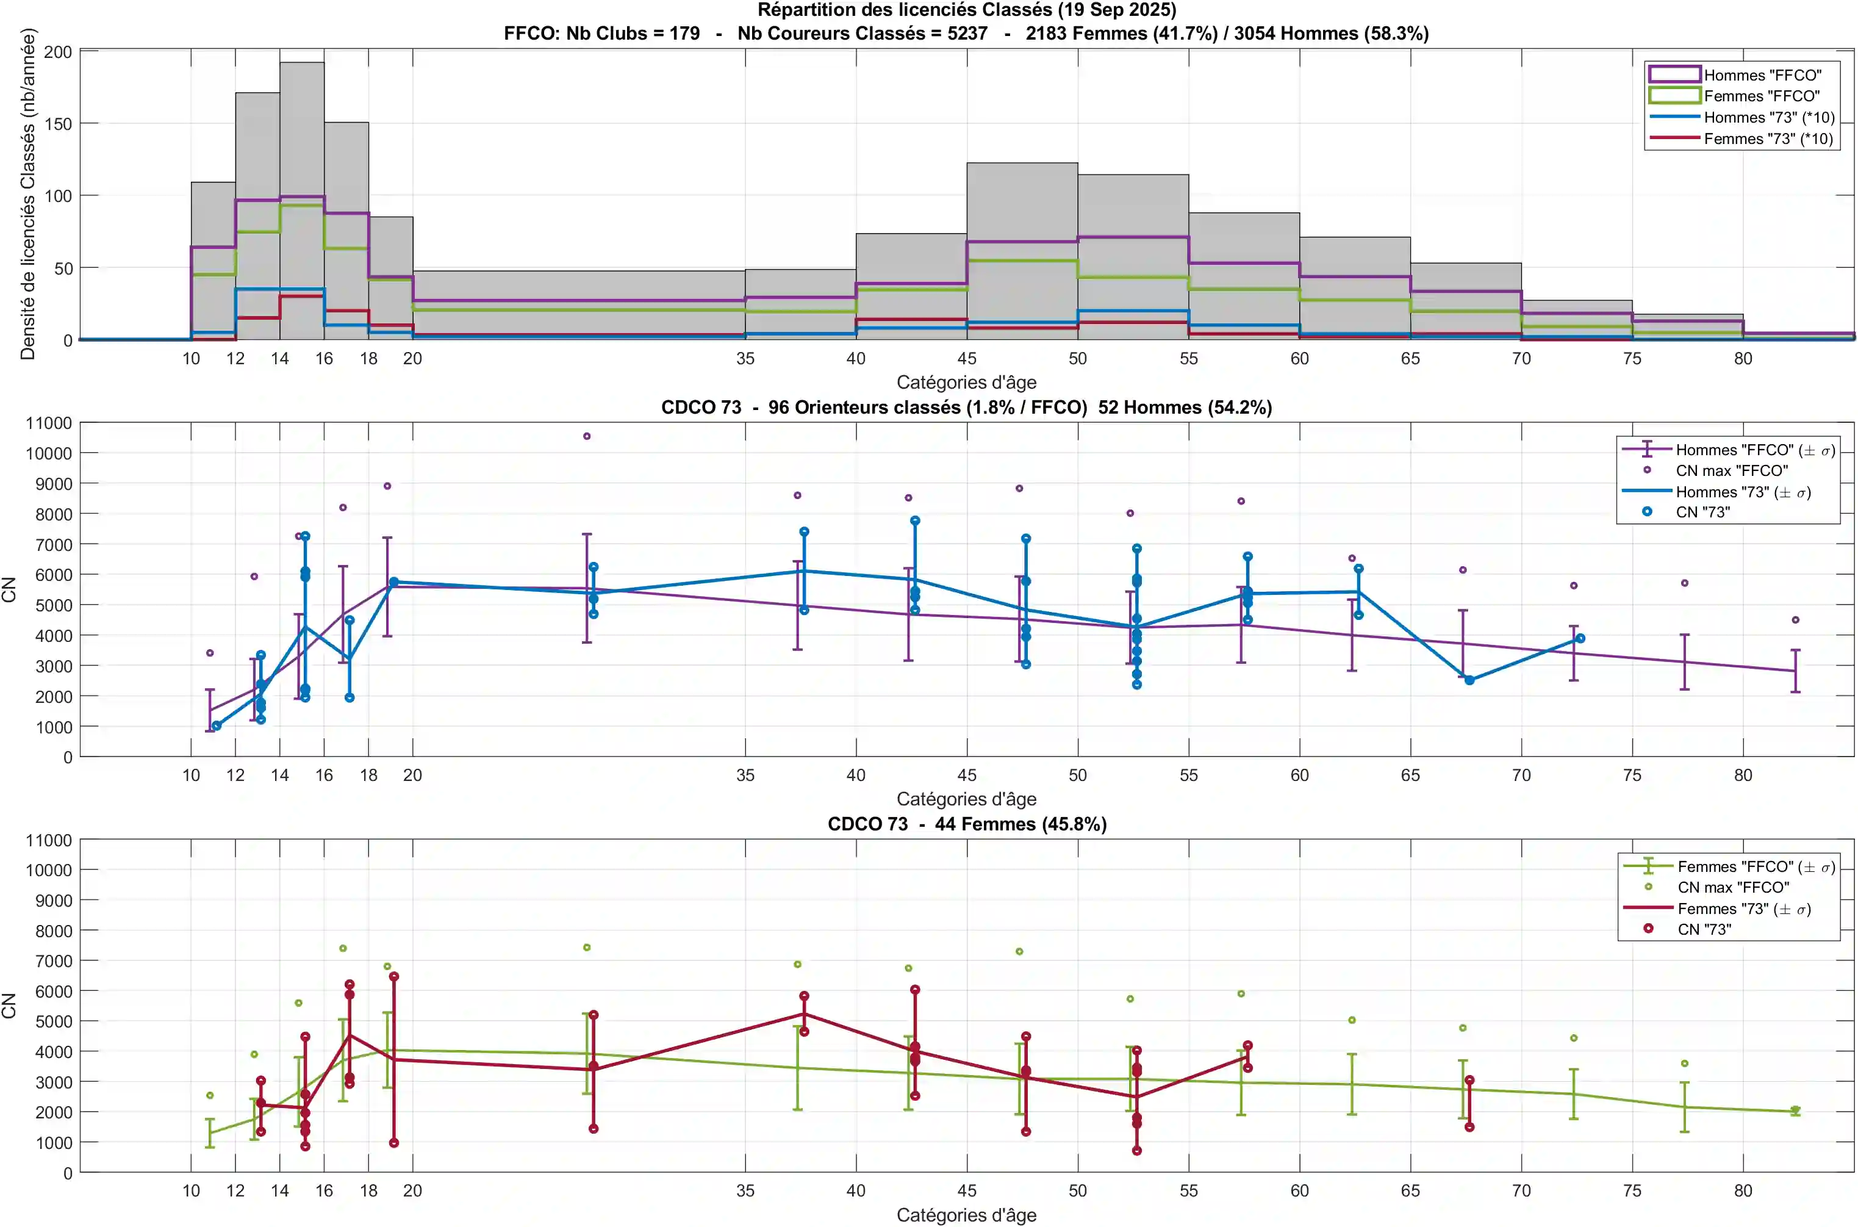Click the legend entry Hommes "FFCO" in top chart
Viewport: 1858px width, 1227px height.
coord(1762,75)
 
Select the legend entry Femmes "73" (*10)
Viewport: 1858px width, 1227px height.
coord(1768,139)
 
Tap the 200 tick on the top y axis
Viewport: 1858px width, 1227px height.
coord(58,52)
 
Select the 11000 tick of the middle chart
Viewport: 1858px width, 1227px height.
coord(49,423)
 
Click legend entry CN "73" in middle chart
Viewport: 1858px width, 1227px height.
coord(1702,513)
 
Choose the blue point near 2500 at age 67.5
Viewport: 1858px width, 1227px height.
coord(1469,681)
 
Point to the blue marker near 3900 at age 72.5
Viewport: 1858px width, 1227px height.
coord(1580,639)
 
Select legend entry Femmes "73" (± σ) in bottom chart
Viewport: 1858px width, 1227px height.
coord(1743,909)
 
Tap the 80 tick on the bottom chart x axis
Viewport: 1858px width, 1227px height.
coord(1742,1191)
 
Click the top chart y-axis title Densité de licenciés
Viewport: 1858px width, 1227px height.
coord(28,194)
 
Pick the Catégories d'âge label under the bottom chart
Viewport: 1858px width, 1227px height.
coord(966,1215)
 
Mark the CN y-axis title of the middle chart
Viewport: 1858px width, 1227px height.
coord(9,589)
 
